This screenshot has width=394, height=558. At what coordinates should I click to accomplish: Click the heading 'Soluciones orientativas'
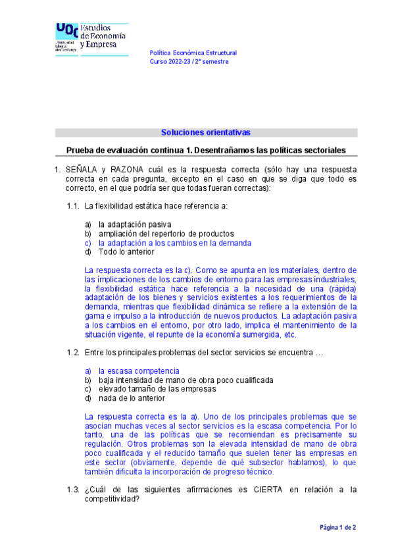(x=206, y=132)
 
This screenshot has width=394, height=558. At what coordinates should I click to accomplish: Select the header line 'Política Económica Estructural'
(x=193, y=53)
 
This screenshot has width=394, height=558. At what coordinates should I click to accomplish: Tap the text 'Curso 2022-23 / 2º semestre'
(x=190, y=62)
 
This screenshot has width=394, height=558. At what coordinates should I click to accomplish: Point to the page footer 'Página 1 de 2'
(x=338, y=528)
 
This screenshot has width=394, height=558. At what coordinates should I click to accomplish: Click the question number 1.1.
(x=73, y=206)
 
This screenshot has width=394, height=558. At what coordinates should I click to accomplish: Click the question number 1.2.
(x=73, y=353)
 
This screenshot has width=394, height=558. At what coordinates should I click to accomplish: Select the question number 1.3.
(x=73, y=489)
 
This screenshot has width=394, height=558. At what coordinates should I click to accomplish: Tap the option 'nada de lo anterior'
(x=132, y=398)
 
